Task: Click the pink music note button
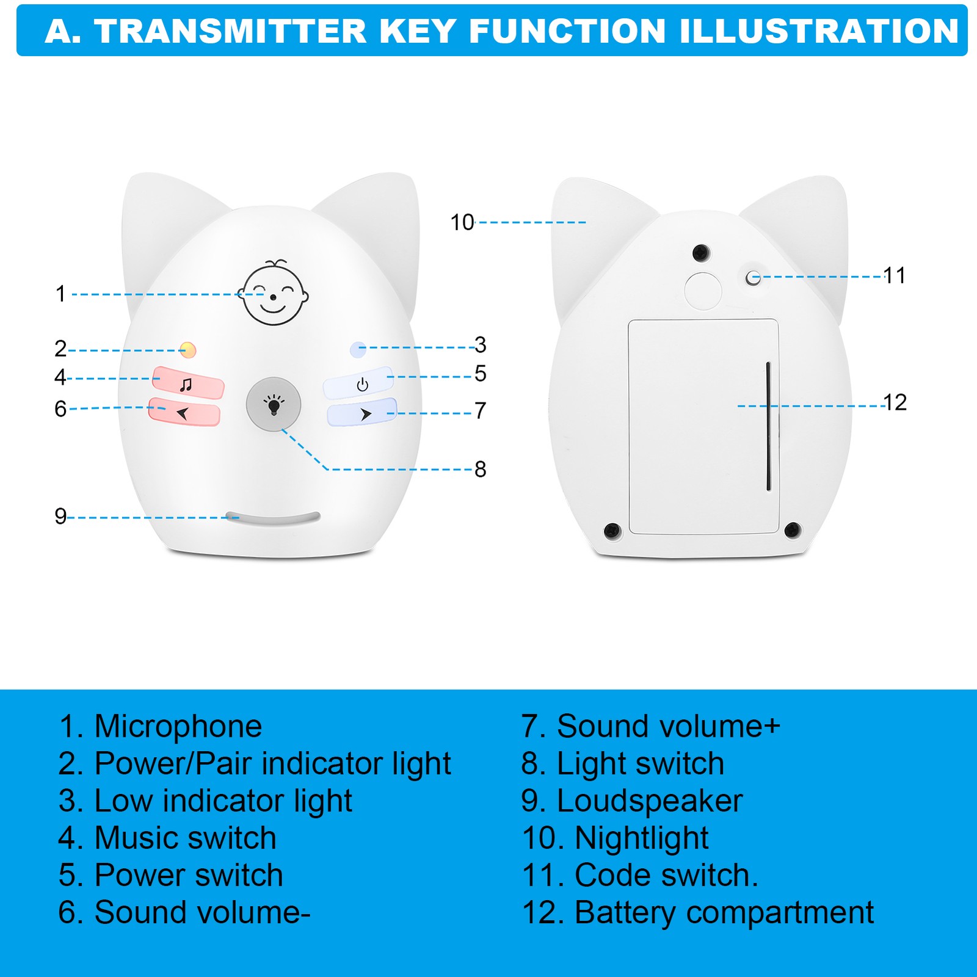pyautogui.click(x=188, y=383)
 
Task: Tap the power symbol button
pyautogui.click(x=358, y=383)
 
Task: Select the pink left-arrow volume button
pyautogui.click(x=184, y=412)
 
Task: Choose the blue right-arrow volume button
pyautogui.click(x=362, y=413)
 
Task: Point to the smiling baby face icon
pyautogui.click(x=273, y=292)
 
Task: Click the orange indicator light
pyautogui.click(x=188, y=350)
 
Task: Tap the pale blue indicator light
pyautogui.click(x=358, y=349)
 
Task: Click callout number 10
pyautogui.click(x=462, y=222)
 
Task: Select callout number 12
pyautogui.click(x=895, y=402)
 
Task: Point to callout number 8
pyautogui.click(x=481, y=469)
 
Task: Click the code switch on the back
pyautogui.click(x=754, y=278)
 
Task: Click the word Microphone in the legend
pyautogui.click(x=178, y=727)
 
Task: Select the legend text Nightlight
pyautogui.click(x=642, y=838)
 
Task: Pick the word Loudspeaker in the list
pyautogui.click(x=650, y=801)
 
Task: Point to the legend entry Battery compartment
pyautogui.click(x=724, y=913)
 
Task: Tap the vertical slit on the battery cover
pyautogui.click(x=768, y=426)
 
